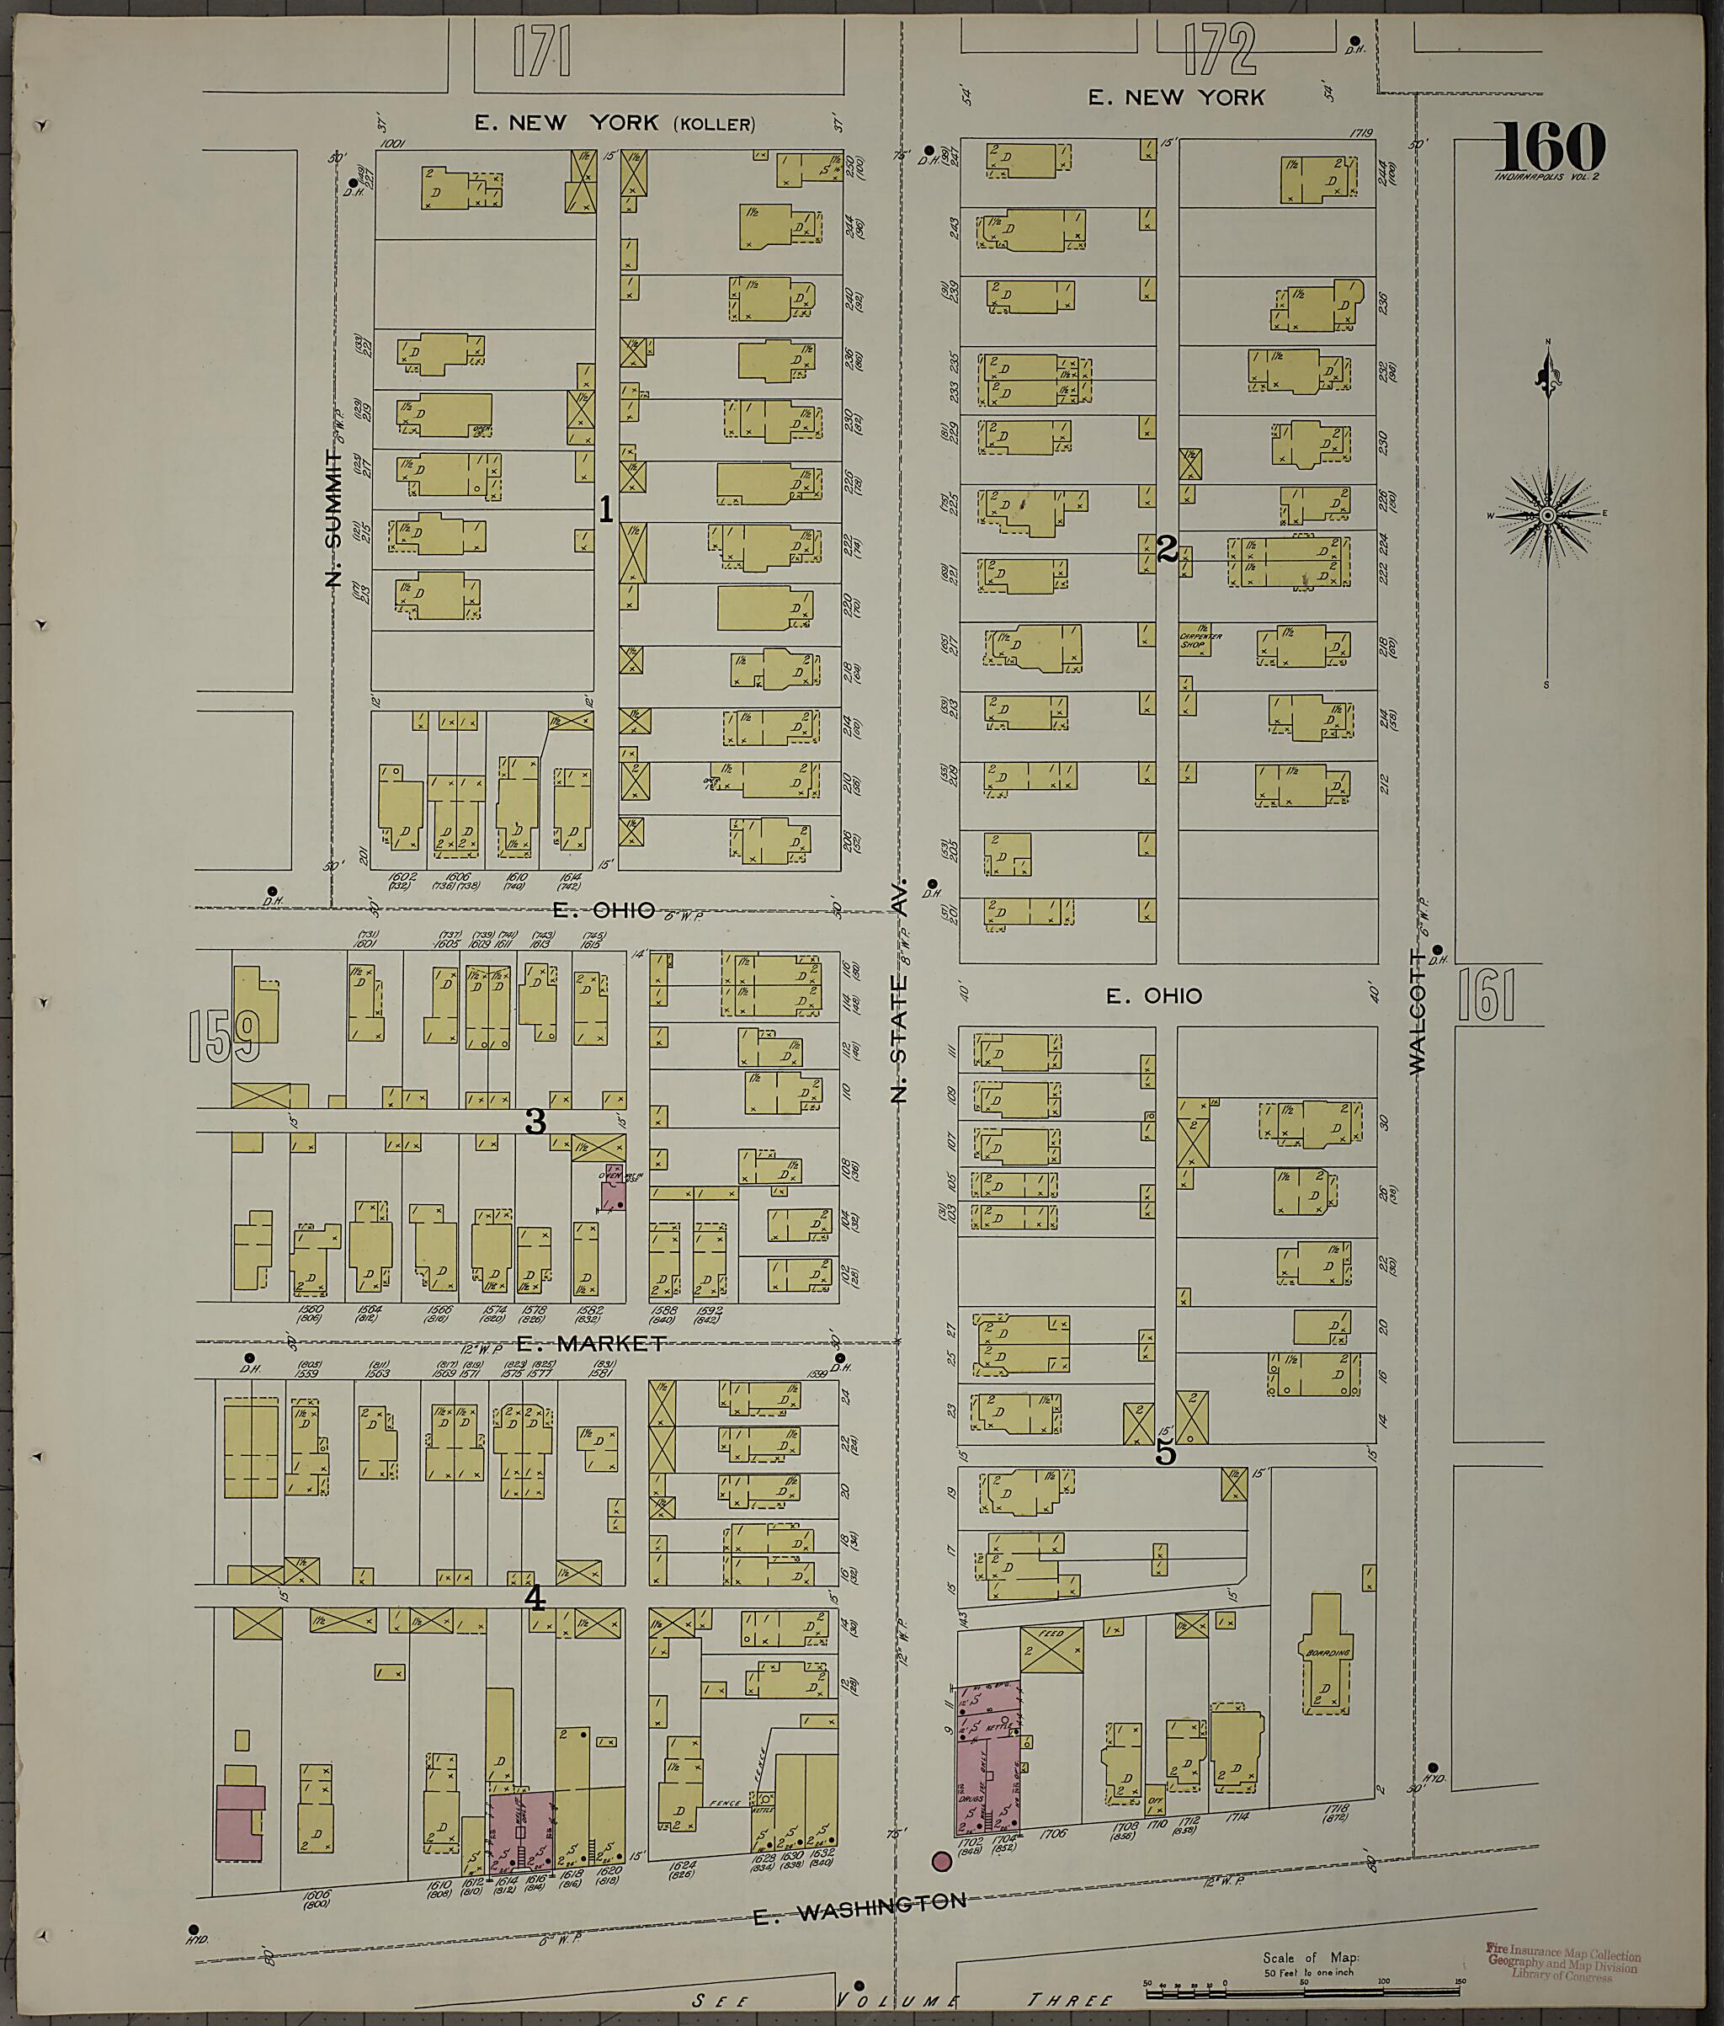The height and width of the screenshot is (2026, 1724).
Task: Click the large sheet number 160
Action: [1551, 147]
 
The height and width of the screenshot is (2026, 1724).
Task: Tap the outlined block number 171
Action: [540, 52]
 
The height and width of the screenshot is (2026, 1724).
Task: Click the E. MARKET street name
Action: [590, 1343]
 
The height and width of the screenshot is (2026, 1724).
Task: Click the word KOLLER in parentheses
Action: [714, 124]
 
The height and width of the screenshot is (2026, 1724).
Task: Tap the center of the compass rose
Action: [1547, 515]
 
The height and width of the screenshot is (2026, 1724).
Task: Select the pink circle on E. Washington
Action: [941, 1861]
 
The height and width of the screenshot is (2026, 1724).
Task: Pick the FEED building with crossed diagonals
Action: [1051, 1650]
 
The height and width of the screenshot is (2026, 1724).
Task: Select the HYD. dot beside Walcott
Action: [1433, 1767]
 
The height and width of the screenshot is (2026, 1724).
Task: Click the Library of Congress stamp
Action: [1562, 1963]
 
